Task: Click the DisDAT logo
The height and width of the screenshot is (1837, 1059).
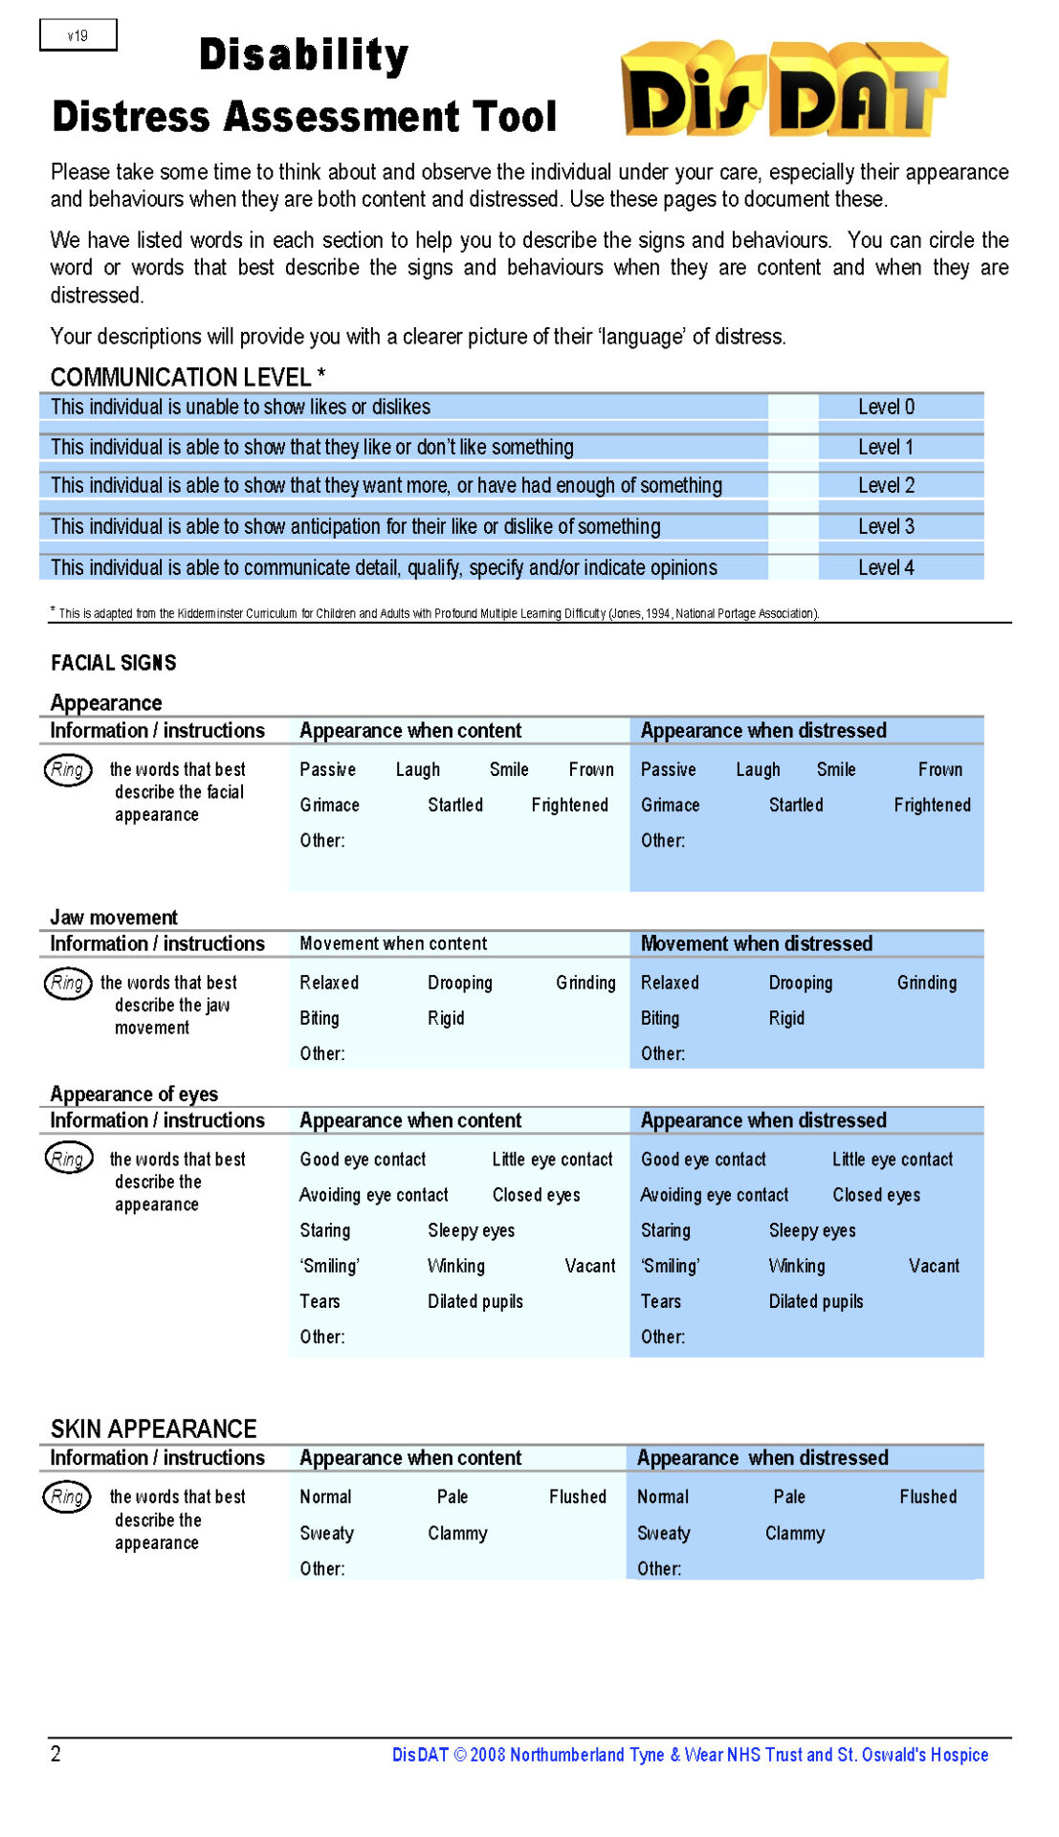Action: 783,90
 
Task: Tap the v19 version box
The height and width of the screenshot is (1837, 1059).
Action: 77,35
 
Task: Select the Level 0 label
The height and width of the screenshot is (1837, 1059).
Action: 886,407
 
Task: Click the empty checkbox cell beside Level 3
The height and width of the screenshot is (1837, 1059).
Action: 793,526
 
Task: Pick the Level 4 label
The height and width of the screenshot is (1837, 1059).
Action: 886,567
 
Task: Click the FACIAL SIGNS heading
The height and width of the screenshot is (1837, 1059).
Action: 113,662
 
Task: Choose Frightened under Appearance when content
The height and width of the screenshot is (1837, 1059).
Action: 569,805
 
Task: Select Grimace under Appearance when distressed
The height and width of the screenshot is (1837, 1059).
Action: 670,805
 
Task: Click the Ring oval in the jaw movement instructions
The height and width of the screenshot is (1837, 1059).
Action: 67,983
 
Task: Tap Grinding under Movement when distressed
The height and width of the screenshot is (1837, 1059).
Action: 926,983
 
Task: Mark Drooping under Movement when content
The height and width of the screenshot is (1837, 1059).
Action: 459,983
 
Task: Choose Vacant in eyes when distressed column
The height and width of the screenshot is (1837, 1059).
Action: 933,1266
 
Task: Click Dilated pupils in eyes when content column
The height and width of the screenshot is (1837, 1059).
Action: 474,1301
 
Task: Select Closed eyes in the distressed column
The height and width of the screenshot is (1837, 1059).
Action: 875,1195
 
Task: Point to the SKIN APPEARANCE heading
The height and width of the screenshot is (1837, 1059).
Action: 153,1428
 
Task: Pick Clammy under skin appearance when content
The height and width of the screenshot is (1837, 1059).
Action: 457,1533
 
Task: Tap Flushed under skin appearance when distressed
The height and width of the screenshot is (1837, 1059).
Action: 927,1496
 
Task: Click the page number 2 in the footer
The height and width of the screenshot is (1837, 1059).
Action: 55,1754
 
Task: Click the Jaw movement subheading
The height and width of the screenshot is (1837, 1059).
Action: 114,917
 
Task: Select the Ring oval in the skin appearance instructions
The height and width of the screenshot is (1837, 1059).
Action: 67,1496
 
